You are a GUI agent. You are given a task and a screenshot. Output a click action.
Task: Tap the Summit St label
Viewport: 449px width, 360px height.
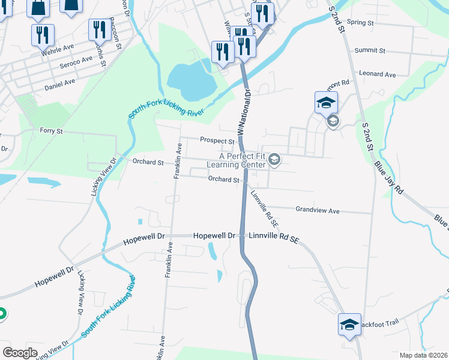pos(368,50)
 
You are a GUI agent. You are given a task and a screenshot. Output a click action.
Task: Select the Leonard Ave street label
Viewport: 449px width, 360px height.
pos(378,74)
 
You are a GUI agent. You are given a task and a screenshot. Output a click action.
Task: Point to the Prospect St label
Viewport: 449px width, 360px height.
pos(217,141)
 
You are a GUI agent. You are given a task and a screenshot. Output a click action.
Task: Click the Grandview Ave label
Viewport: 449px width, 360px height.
pos(318,211)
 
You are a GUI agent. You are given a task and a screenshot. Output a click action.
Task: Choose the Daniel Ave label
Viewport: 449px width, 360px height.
pos(60,85)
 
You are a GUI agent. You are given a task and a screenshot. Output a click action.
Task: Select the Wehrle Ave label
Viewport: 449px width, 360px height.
pos(57,50)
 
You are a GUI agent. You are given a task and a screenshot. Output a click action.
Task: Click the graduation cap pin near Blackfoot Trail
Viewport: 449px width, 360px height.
pos(349,325)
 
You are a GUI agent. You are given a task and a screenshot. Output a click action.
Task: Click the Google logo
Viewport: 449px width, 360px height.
pos(20,352)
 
